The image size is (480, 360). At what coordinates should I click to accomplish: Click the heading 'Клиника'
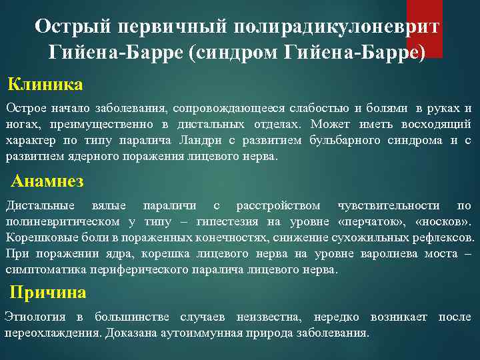pyautogui.click(x=45, y=85)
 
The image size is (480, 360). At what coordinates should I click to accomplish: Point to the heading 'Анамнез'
pyautogui.click(x=47, y=181)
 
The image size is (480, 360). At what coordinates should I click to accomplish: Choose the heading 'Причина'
pyautogui.click(x=48, y=293)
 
